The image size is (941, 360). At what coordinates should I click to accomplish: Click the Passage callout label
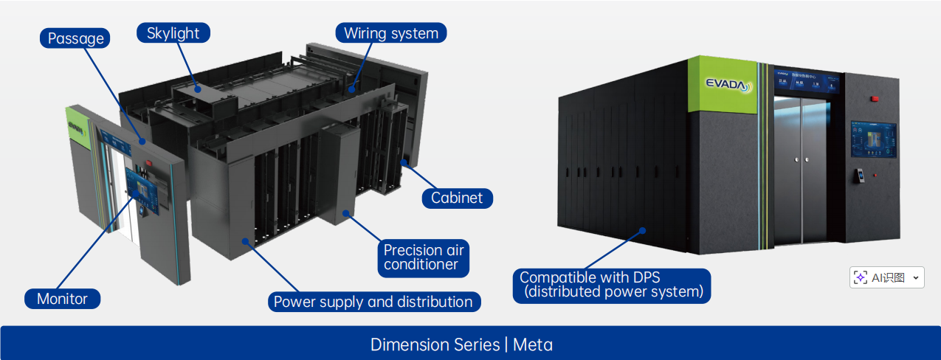pos(75,38)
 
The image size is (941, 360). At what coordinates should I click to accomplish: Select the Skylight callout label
pos(173,33)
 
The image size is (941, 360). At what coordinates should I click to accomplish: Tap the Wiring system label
pos(391,33)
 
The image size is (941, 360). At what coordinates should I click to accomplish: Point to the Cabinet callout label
pos(457,198)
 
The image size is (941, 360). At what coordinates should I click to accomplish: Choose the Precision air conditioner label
pos(424,257)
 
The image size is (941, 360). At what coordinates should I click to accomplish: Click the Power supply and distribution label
pos(373,302)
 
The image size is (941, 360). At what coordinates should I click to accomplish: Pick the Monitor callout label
pos(62,299)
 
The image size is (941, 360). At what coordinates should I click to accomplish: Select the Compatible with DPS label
pos(612,285)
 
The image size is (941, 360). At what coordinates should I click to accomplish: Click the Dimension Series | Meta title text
pos(461,345)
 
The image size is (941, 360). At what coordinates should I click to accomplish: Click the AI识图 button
pos(880,277)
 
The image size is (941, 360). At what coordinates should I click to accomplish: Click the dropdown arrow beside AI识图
pos(916,277)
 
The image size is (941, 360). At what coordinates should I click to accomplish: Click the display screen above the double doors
pos(807,83)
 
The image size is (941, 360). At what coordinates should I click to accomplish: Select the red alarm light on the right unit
pos(873,98)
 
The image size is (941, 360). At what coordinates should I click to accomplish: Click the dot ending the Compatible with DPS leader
pos(644,229)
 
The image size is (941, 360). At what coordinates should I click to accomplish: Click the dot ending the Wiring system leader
pos(352,89)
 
